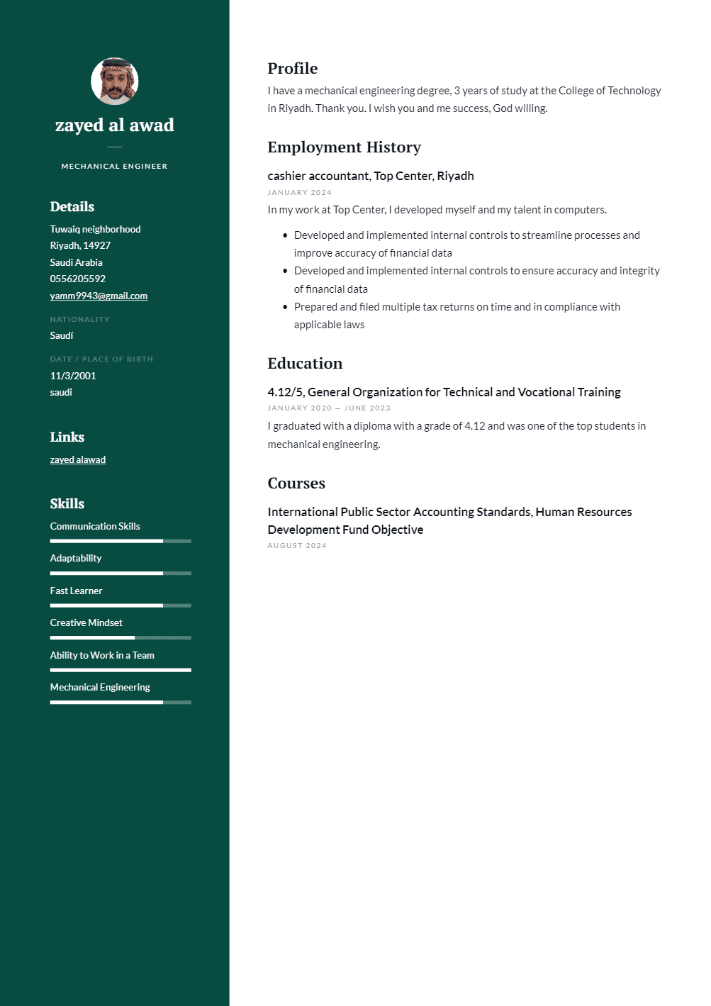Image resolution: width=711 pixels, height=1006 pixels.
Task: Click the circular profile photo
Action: click(115, 82)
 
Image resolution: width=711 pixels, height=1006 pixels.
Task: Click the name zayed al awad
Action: click(115, 125)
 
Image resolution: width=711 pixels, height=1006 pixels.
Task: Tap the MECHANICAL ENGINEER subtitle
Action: click(115, 166)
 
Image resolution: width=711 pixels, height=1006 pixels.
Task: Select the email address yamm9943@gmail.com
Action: click(99, 296)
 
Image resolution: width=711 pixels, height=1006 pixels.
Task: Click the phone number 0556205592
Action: click(78, 279)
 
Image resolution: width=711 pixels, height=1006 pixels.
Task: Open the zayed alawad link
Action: click(78, 459)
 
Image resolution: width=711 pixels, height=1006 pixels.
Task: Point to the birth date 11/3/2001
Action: click(73, 376)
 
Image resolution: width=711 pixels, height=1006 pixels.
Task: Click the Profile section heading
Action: click(293, 69)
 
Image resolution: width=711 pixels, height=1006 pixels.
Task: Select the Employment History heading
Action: click(345, 147)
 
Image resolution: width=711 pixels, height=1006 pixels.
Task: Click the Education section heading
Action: click(305, 364)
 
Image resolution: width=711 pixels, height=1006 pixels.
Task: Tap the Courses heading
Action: click(296, 484)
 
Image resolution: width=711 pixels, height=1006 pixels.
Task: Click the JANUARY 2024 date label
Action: click(299, 192)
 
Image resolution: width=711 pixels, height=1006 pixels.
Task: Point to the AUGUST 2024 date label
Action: click(297, 545)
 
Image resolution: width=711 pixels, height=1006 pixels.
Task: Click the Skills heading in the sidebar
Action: click(67, 504)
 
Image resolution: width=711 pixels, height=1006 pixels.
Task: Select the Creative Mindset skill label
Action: click(86, 622)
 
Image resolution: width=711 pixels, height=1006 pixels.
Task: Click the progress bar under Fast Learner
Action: click(121, 605)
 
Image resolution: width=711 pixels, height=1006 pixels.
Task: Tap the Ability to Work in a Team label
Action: click(102, 655)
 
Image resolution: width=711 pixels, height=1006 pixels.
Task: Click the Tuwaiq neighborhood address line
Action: click(96, 229)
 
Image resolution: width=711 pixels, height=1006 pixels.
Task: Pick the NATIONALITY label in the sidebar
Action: click(80, 319)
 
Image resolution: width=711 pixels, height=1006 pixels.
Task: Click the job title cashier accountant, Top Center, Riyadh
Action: click(371, 176)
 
